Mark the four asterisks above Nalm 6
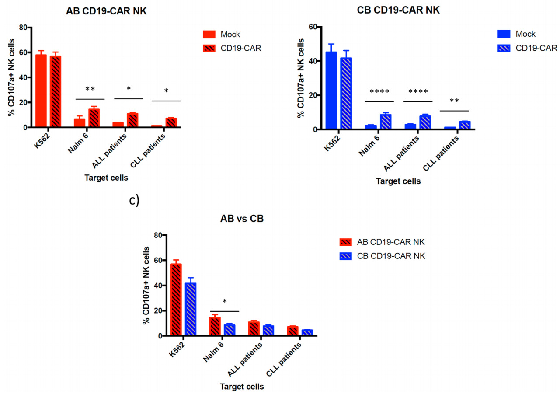click(379, 92)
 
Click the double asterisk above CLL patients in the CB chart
click(454, 101)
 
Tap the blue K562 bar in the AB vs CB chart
click(190, 309)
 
